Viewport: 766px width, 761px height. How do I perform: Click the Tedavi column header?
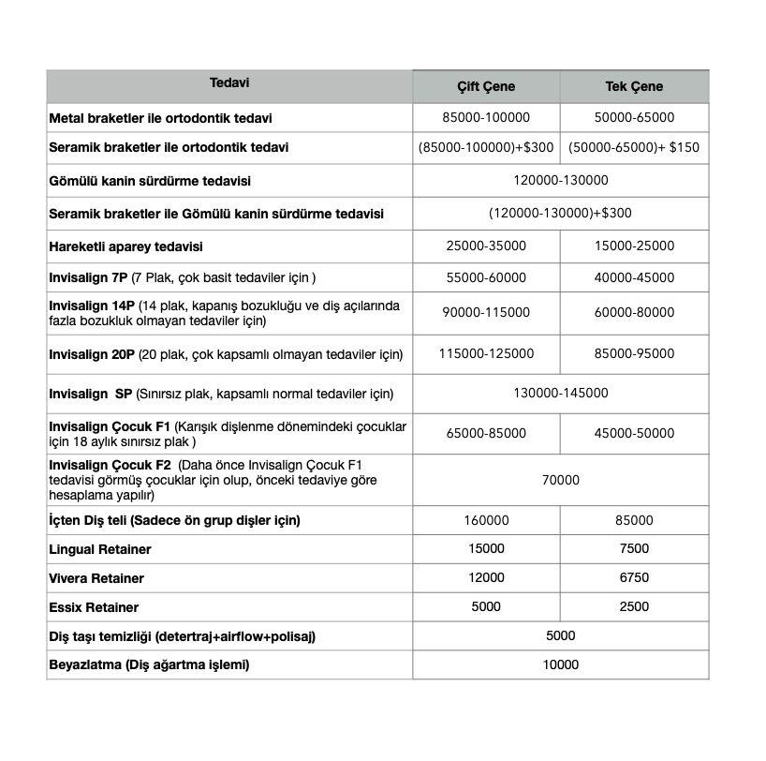(x=229, y=82)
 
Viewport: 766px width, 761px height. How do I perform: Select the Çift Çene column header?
(x=486, y=86)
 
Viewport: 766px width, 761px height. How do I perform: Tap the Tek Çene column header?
(x=634, y=86)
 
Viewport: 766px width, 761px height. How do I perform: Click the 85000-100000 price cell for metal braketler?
(x=486, y=118)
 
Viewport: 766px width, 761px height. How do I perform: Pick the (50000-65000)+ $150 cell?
(x=634, y=147)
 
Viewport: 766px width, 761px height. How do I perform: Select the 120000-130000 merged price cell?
(x=561, y=180)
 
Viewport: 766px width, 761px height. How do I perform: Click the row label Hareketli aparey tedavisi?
(x=126, y=246)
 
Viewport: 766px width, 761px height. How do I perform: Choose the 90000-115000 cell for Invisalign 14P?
(x=486, y=312)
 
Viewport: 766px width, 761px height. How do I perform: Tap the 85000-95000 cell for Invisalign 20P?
(x=634, y=353)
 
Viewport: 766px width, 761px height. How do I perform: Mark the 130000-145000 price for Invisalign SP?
(x=561, y=394)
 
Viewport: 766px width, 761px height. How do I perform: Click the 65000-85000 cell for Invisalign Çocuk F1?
(x=486, y=433)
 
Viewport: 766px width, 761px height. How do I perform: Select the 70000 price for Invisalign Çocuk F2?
(x=561, y=480)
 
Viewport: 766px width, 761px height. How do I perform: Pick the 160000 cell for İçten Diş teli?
(x=486, y=520)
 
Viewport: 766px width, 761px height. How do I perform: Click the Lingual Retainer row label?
(x=100, y=549)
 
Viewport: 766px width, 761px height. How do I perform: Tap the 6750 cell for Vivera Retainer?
(x=634, y=578)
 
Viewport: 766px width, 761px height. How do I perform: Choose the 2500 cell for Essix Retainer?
(x=634, y=606)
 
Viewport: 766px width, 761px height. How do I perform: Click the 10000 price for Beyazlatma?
(x=561, y=664)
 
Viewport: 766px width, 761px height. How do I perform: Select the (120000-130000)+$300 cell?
(x=561, y=213)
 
